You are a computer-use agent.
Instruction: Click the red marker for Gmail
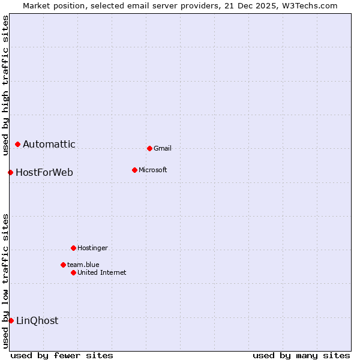149,148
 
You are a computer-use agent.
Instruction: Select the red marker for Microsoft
134,170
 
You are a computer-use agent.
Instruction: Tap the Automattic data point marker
18,144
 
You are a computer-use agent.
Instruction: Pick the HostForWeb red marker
11,172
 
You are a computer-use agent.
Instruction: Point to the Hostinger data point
73,248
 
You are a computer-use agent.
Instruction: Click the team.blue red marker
63,265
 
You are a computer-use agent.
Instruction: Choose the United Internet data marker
73,272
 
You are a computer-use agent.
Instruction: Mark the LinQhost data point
11,320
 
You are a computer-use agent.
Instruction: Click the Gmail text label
163,148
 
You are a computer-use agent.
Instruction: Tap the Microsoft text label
153,170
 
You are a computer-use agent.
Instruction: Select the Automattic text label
49,144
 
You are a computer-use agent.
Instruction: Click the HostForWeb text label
44,173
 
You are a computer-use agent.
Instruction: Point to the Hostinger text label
92,248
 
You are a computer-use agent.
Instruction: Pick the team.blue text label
83,265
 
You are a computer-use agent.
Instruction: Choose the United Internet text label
102,272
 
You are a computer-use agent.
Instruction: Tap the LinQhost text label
37,321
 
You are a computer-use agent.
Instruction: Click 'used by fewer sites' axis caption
62,356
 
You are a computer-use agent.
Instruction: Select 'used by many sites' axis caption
301,356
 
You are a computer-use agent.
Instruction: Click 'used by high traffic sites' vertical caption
6,85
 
